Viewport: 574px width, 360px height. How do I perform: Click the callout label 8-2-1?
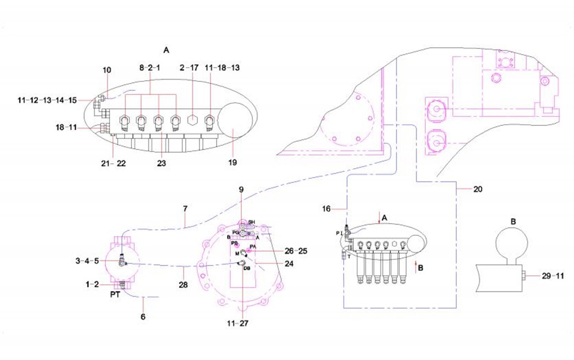pyautogui.click(x=149, y=68)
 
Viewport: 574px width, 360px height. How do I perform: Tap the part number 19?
pyautogui.click(x=233, y=163)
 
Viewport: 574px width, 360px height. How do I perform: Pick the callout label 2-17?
pyautogui.click(x=191, y=68)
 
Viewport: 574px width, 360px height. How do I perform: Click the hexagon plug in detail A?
pyautogui.click(x=192, y=120)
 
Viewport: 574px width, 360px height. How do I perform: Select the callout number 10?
pyautogui.click(x=107, y=70)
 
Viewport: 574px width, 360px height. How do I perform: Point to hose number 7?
pyautogui.click(x=185, y=209)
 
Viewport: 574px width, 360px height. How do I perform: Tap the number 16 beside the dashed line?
pyautogui.click(x=327, y=209)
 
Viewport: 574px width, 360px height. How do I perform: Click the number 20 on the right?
pyautogui.click(x=477, y=189)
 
